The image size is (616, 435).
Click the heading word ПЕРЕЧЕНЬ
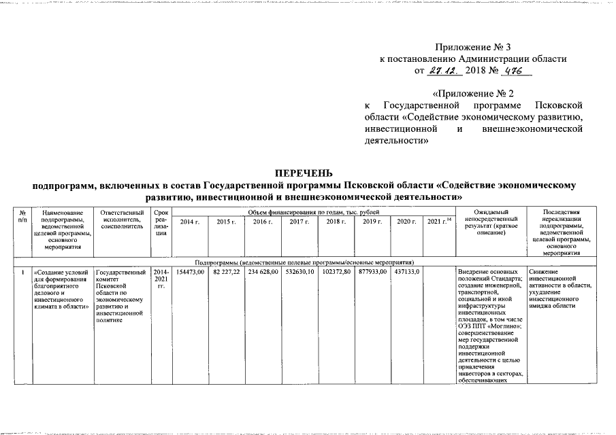click(x=307, y=173)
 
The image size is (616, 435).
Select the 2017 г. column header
click(x=299, y=222)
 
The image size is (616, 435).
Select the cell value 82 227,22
click(x=227, y=272)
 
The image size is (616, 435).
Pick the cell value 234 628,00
click(x=262, y=272)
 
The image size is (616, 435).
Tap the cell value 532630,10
click(x=299, y=272)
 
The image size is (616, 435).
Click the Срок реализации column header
click(x=161, y=223)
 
